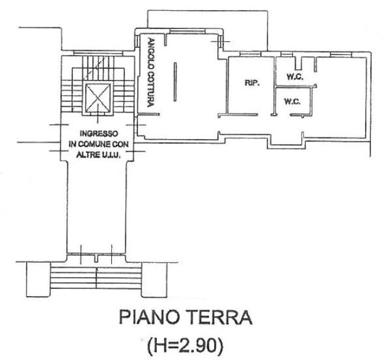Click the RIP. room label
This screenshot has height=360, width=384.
point(252,83)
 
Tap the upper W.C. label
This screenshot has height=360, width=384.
point(295,77)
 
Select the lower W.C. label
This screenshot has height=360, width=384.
point(292,101)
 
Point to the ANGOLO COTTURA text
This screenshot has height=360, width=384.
point(151,73)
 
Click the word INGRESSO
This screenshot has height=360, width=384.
point(99,134)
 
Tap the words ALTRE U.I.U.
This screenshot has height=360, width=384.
point(98,155)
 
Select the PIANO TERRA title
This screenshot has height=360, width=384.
point(185,317)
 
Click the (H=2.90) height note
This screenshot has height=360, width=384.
point(185,345)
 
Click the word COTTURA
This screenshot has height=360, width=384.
point(151,89)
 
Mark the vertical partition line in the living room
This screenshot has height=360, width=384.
point(175,82)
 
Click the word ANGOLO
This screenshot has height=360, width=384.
point(151,53)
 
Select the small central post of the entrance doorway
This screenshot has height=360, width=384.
point(96,259)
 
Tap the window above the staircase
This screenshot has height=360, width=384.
point(98,53)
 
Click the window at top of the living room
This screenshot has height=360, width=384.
point(188,31)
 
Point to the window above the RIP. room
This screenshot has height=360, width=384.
point(249,54)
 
